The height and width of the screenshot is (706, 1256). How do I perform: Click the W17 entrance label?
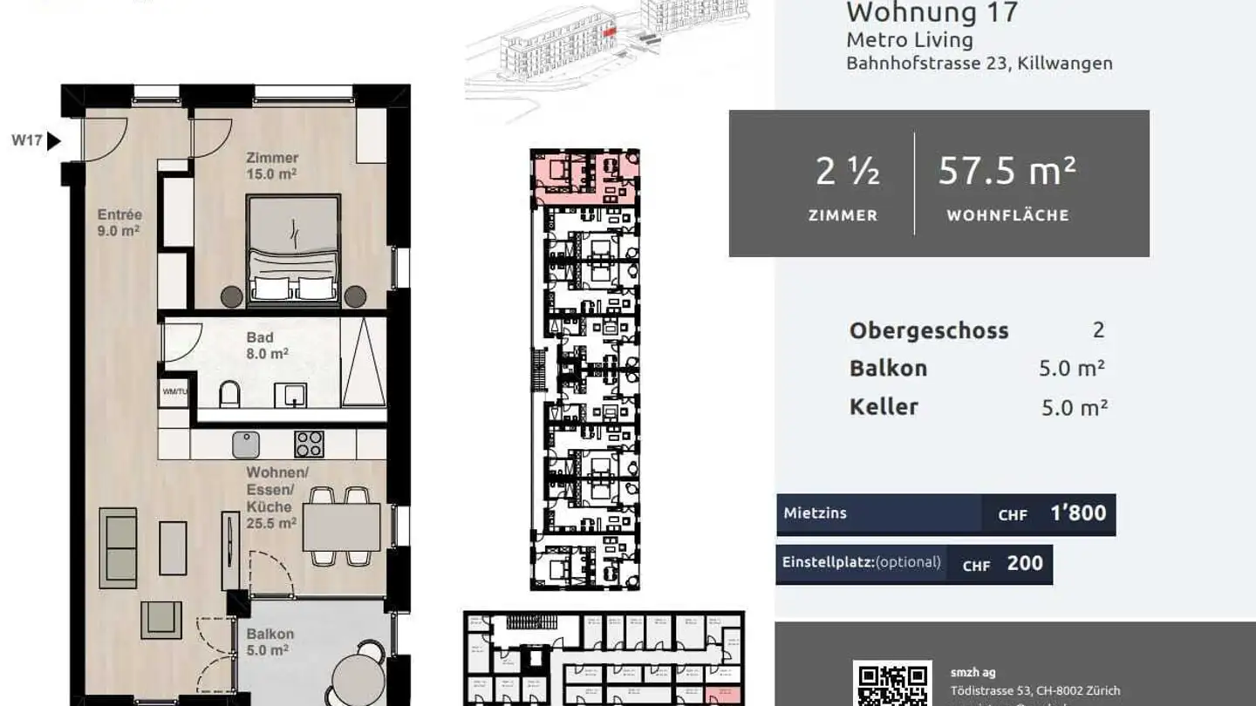[x=27, y=140]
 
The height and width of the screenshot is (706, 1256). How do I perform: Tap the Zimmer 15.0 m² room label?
[x=272, y=166]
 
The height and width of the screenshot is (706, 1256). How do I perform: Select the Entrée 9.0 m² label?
[x=119, y=222]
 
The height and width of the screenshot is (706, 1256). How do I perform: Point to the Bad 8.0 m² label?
[x=260, y=345]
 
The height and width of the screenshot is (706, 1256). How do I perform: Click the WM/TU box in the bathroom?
[x=174, y=392]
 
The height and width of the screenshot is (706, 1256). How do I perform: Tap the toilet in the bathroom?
[x=229, y=395]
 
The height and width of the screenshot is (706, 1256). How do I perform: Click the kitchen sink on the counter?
[x=247, y=445]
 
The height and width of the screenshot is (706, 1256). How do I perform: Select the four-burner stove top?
[x=309, y=445]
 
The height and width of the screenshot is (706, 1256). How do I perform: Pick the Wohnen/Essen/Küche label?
[x=271, y=498]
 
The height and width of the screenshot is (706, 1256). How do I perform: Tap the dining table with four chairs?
[x=341, y=527]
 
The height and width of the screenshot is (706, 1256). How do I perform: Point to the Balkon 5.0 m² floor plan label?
[x=270, y=642]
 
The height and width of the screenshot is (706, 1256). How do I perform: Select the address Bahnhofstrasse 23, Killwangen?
[x=979, y=64]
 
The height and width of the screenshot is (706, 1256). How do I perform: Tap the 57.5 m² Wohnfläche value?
[x=1007, y=172]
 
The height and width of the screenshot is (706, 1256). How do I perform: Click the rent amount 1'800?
[x=1078, y=513]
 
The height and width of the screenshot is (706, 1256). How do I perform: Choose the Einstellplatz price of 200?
[x=1025, y=564]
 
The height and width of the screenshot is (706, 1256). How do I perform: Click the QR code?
[x=891, y=685]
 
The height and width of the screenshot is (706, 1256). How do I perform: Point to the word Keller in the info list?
[x=884, y=407]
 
